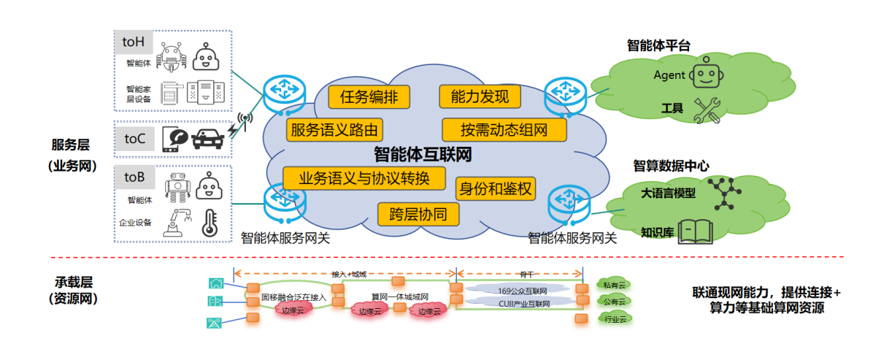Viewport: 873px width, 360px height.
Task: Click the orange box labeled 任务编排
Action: pos(368,97)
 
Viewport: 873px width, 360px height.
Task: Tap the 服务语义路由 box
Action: pos(334,131)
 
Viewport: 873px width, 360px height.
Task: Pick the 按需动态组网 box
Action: pos(504,131)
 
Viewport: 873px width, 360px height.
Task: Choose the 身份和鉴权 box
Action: pos(496,189)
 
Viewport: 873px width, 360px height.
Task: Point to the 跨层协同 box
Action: pos(418,214)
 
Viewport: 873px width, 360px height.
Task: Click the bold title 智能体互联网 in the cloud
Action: pos(422,155)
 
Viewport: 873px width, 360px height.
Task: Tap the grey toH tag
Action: pos(134,42)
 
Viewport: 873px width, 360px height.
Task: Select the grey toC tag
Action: pos(134,138)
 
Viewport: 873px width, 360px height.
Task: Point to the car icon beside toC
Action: pos(207,138)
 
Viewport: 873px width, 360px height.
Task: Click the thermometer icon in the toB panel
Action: pos(211,222)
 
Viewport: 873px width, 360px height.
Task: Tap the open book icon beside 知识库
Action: pos(694,231)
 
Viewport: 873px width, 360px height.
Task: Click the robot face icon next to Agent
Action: pos(705,74)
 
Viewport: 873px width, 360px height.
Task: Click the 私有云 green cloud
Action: pos(612,284)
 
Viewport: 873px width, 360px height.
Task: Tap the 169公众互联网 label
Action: pos(518,290)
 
